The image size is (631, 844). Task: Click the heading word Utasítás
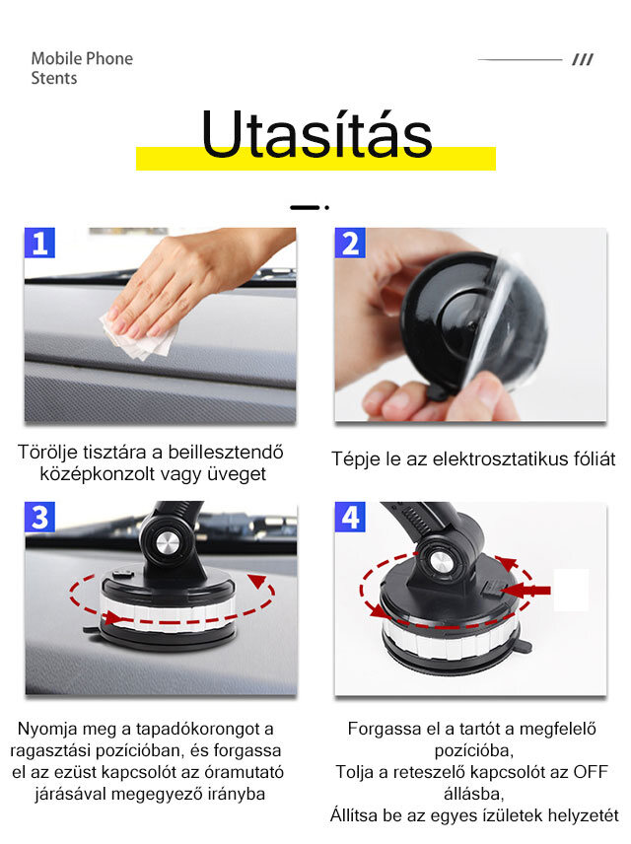(x=316, y=134)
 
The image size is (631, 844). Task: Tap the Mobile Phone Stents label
(x=82, y=68)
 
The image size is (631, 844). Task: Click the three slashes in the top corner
(x=583, y=59)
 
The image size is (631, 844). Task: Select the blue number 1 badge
(x=39, y=243)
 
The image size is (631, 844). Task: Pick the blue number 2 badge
(x=350, y=243)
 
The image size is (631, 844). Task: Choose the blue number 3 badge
(x=39, y=518)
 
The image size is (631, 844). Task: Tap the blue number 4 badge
(x=350, y=518)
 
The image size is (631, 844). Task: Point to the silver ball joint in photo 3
(x=168, y=544)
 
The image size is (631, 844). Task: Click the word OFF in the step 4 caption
(x=590, y=772)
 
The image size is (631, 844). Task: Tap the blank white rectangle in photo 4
(x=571, y=590)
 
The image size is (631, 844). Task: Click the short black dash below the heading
(x=305, y=207)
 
